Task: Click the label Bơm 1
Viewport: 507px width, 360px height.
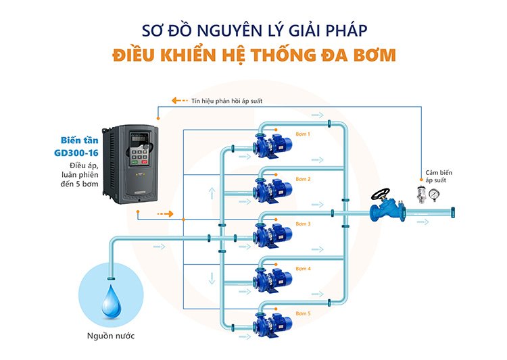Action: (x=302, y=134)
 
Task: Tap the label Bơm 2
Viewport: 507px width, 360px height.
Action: (x=302, y=179)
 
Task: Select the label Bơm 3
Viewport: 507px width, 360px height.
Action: (x=302, y=224)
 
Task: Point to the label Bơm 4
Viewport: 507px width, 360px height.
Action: (x=302, y=269)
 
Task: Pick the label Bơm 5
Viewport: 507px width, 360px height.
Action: (x=302, y=313)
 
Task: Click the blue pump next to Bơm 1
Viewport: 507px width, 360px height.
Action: (x=270, y=144)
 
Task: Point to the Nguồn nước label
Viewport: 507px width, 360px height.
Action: (x=110, y=336)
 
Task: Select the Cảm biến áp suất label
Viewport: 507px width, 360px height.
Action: (x=439, y=177)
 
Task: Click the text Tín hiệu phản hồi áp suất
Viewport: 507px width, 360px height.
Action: (x=226, y=101)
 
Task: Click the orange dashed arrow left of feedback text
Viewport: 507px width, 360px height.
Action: (x=179, y=101)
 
